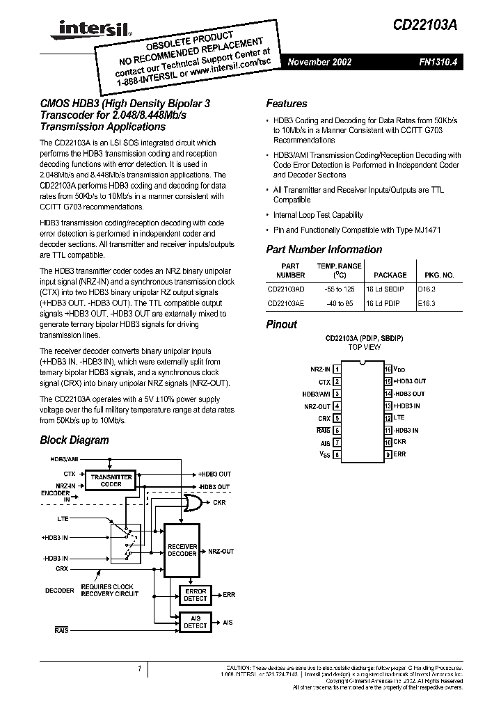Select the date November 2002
(x=320, y=62)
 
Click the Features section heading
(x=287, y=104)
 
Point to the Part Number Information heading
(x=324, y=250)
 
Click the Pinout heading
(x=282, y=324)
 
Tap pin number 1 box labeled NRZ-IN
(x=337, y=369)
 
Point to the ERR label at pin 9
(x=399, y=454)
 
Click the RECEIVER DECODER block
(x=183, y=551)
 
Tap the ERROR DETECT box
(x=195, y=594)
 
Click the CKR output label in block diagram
(x=219, y=502)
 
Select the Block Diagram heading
(x=74, y=440)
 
